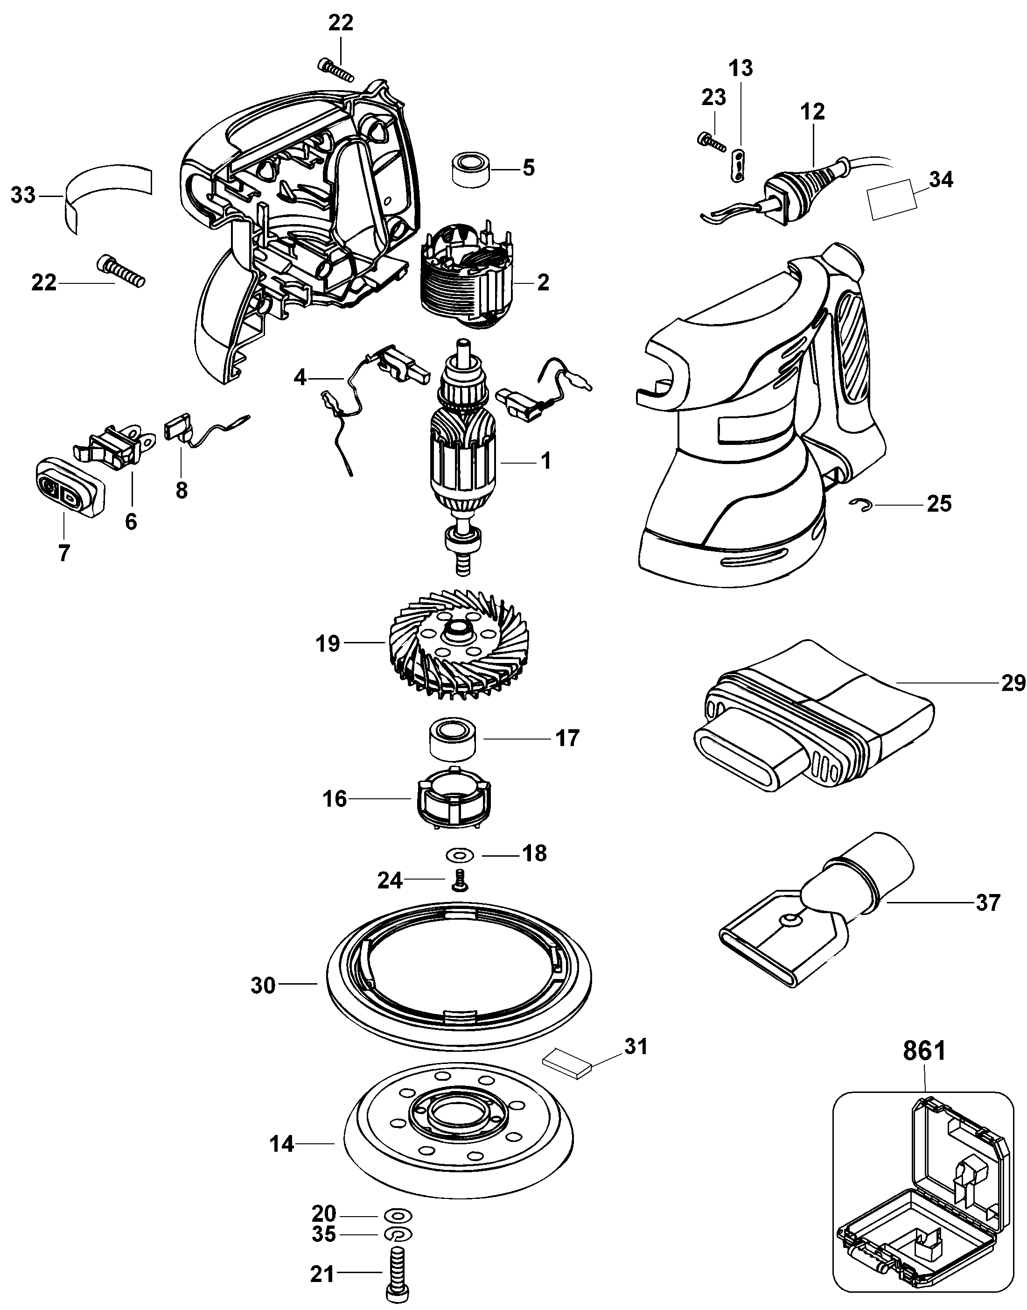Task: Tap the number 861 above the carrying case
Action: tap(924, 1068)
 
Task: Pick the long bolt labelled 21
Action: tap(398, 1277)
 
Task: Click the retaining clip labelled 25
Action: tap(862, 504)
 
